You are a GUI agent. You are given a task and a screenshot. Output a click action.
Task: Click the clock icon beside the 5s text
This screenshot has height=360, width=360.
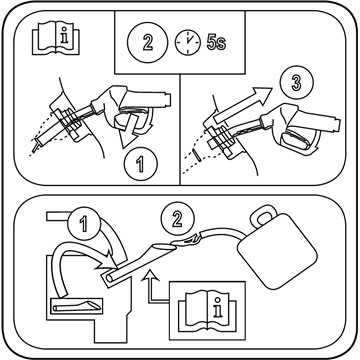coord(188,43)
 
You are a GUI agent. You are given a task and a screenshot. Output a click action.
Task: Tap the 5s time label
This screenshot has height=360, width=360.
coord(216,43)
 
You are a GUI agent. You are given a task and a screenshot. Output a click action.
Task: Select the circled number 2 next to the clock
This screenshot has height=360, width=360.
coord(147,43)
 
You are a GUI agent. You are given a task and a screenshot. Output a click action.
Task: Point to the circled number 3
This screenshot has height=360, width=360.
coord(296,82)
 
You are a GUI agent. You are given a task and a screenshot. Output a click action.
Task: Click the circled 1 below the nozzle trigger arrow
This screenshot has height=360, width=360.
coord(140,164)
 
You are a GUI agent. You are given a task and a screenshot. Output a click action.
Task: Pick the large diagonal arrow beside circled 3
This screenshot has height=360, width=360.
coord(242,105)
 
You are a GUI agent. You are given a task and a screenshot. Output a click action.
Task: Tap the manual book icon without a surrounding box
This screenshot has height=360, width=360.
coord(56,37)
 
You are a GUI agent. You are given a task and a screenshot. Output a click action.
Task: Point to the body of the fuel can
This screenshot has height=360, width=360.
coord(277,251)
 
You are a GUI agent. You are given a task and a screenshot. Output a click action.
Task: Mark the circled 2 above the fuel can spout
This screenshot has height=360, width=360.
coord(177,220)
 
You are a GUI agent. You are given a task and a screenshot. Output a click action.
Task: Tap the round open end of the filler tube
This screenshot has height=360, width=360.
coord(109,278)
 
